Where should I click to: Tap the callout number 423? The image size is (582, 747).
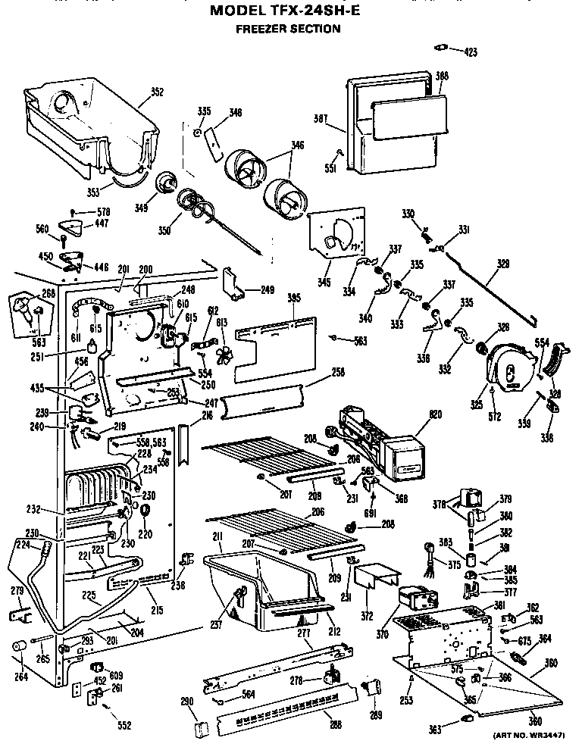pyautogui.click(x=471, y=52)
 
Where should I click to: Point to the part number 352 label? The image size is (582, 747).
pyautogui.click(x=157, y=92)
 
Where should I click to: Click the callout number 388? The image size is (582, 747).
pyautogui.click(x=442, y=76)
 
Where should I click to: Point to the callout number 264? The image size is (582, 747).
pyautogui.click(x=21, y=677)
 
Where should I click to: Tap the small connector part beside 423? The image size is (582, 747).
pyautogui.click(x=438, y=48)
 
